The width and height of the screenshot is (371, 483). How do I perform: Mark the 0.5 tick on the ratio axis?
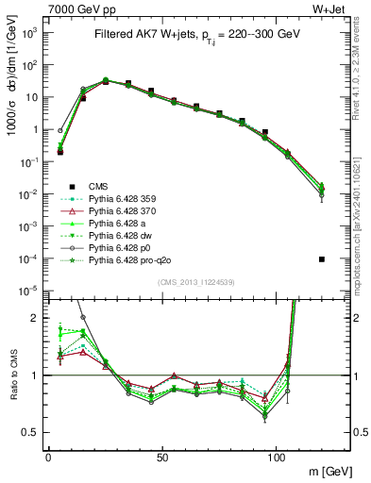27,432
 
